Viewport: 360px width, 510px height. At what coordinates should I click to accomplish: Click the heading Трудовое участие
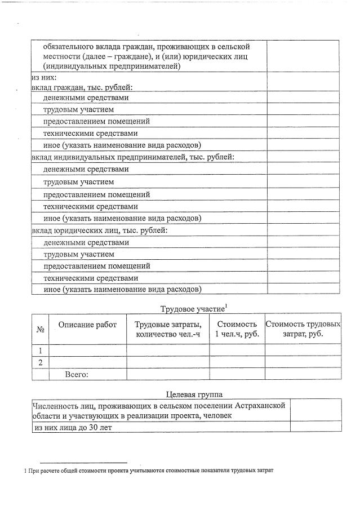tap(192, 309)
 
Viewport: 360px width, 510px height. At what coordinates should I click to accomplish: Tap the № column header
tap(40, 330)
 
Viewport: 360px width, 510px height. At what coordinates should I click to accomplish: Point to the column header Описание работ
tap(87, 324)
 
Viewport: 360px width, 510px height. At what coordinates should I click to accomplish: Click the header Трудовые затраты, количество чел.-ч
tap(168, 330)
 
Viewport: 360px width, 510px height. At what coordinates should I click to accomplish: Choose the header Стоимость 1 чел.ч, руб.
tap(237, 330)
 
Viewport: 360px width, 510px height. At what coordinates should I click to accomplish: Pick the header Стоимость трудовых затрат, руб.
tap(303, 330)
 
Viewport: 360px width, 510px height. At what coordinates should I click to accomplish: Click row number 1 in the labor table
tap(40, 350)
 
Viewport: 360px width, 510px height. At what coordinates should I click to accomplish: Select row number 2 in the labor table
tap(40, 362)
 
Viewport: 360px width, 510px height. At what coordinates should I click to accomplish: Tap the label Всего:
tap(77, 374)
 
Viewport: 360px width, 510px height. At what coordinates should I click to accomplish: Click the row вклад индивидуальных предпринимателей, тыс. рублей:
tap(132, 157)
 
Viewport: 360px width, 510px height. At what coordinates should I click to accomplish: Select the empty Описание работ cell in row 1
tap(87, 350)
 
